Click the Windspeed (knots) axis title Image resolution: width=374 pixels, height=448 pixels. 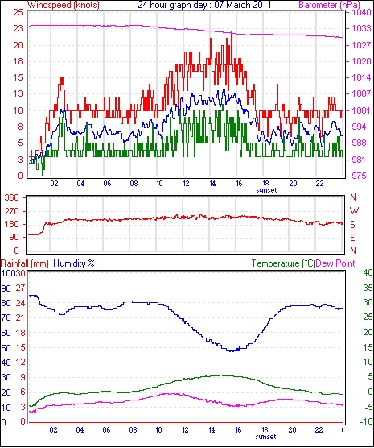point(64,5)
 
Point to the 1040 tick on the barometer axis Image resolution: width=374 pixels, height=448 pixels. point(362,12)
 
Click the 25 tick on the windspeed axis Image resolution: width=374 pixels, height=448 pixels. point(18,12)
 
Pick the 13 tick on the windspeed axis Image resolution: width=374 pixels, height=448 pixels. point(18,94)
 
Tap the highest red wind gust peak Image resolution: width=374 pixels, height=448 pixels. point(232,32)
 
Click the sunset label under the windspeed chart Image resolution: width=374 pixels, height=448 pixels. point(266,190)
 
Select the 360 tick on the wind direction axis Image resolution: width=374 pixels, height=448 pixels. point(12,197)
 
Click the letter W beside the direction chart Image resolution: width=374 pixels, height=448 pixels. point(354,211)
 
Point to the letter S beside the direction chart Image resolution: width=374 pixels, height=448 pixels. point(353,225)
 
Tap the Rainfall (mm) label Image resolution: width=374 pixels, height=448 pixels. point(25,263)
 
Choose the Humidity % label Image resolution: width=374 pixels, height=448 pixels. point(74,263)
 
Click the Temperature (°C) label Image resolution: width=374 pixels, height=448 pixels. point(283,263)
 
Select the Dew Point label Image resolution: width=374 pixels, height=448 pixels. point(335,263)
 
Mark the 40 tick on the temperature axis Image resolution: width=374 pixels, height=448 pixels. point(368,273)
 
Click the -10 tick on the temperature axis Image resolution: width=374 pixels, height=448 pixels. point(366,421)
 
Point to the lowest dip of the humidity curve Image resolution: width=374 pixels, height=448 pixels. point(232,351)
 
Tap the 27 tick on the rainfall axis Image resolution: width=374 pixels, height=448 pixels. point(20,288)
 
